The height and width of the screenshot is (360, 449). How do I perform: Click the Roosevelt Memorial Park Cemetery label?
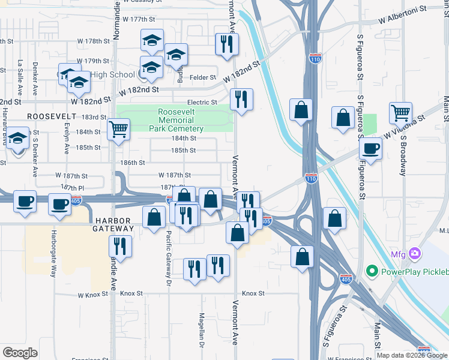point(180,120)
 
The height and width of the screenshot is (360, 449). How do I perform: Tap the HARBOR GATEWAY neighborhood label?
point(113,224)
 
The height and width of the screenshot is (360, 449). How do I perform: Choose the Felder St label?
point(203,77)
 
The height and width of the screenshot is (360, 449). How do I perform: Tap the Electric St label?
point(202,103)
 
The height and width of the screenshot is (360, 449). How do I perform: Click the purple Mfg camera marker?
point(414,254)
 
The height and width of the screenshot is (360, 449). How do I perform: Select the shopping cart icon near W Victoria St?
point(400,112)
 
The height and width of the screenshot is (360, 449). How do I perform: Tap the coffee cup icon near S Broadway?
point(371,148)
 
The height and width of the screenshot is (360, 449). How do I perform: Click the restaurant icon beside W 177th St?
point(227,44)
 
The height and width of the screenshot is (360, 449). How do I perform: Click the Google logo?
point(20,353)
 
